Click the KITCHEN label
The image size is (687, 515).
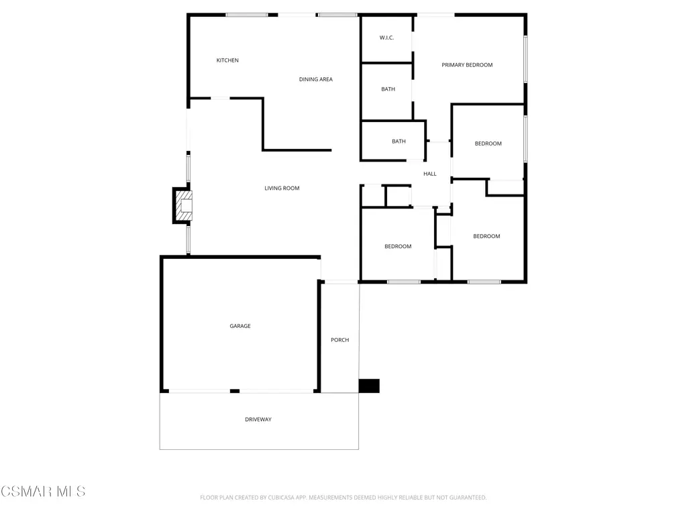click(x=227, y=60)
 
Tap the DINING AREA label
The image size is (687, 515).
click(x=316, y=79)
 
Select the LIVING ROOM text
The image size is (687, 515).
click(x=282, y=188)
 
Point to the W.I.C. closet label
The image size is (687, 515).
click(x=386, y=38)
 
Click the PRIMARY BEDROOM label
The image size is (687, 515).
click(x=467, y=65)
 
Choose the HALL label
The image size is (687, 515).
click(x=430, y=174)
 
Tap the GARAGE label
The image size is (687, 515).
click(x=240, y=326)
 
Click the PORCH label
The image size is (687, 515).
click(x=340, y=340)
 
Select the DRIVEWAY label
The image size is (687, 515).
click(x=258, y=420)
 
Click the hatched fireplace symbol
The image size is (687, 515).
click(x=184, y=205)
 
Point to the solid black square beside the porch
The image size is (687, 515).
click(x=369, y=386)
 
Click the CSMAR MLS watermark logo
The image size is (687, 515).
click(x=43, y=492)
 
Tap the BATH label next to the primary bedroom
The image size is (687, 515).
click(x=388, y=89)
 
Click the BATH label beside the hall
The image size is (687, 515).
click(x=399, y=141)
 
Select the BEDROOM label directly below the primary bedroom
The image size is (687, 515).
click(x=488, y=144)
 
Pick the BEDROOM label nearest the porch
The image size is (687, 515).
click(x=398, y=247)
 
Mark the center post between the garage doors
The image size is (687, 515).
click(x=235, y=391)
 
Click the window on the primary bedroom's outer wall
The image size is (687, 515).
click(x=525, y=59)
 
